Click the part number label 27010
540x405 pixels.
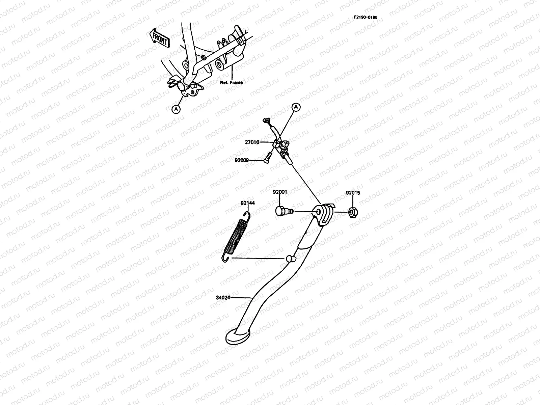point(252,142)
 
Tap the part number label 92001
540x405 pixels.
point(280,192)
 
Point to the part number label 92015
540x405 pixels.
point(353,193)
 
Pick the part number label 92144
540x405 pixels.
point(247,203)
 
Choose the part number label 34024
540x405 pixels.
point(223,298)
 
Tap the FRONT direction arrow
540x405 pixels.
point(159,37)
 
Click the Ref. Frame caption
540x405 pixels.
point(231,82)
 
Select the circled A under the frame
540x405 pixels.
point(176,109)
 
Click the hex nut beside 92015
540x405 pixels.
point(352,212)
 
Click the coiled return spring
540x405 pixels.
point(236,236)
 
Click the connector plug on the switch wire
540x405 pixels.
point(266,120)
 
